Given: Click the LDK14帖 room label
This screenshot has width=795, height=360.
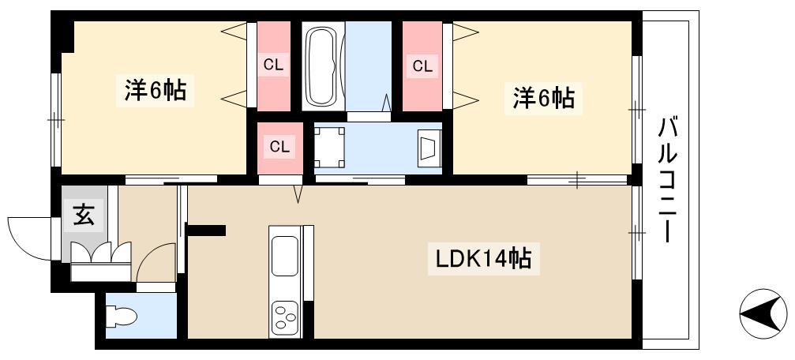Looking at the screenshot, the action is click(484, 259).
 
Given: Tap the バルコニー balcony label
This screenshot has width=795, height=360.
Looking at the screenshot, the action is click(667, 179).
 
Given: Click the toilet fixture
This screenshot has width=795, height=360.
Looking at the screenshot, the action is click(122, 317).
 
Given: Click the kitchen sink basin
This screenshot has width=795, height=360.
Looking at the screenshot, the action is click(285, 256).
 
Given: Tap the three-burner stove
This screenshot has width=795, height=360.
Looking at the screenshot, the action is click(285, 318).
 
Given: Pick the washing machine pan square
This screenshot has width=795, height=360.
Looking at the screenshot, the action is click(329, 147).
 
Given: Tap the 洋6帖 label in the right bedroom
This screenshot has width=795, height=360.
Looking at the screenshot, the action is click(543, 98).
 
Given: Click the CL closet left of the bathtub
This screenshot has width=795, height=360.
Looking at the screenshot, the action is click(274, 66).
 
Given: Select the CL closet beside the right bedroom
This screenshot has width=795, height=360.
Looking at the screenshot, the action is click(422, 66).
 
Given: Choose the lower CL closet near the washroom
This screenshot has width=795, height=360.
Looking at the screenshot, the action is click(280, 148).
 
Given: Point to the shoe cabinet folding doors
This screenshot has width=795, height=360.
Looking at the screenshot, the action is click(101, 253).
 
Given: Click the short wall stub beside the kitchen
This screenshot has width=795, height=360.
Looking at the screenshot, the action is click(206, 231).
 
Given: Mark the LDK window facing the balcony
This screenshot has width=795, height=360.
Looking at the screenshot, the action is click(637, 233).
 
